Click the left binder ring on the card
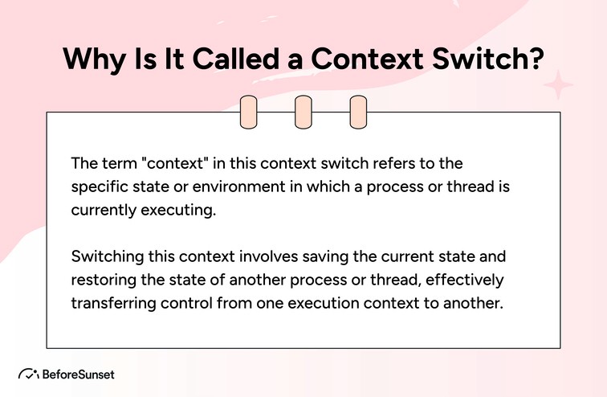pyautogui.click(x=249, y=113)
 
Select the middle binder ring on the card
pyautogui.click(x=303, y=113)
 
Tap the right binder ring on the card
pyautogui.click(x=358, y=113)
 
